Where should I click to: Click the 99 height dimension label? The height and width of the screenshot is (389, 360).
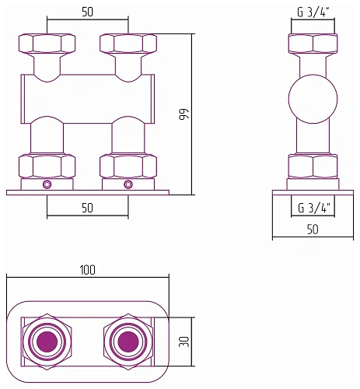pyautogui.click(x=184, y=114)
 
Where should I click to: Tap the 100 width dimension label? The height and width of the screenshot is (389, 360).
pyautogui.click(x=88, y=270)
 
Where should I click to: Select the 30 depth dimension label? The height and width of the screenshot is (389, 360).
pyautogui.click(x=184, y=342)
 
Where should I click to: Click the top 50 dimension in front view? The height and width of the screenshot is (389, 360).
pyautogui.click(x=87, y=12)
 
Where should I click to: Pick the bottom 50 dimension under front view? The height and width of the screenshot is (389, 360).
pyautogui.click(x=87, y=208)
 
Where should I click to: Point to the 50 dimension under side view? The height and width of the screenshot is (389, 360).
pyautogui.click(x=313, y=230)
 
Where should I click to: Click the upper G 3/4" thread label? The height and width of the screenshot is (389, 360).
pyautogui.click(x=313, y=12)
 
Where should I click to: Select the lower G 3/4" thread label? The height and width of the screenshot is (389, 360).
pyautogui.click(x=314, y=208)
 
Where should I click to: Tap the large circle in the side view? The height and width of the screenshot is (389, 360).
pyautogui.click(x=313, y=99)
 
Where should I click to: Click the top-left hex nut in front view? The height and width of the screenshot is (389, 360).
pyautogui.click(x=47, y=44)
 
